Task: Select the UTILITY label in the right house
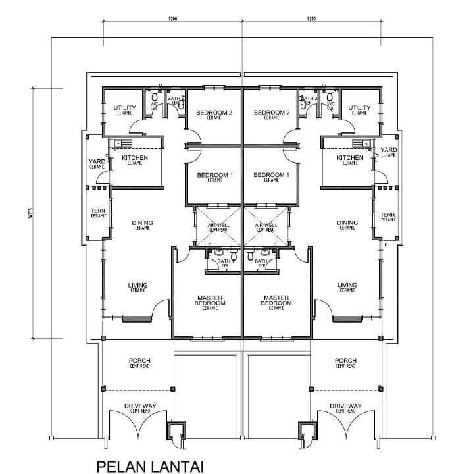click(x=359, y=109)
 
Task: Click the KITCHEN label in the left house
click(x=135, y=159)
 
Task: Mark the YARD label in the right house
click(x=388, y=151)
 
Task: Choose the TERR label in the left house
click(x=98, y=213)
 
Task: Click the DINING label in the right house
click(x=347, y=224)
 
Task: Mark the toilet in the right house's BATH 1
click(x=251, y=252)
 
